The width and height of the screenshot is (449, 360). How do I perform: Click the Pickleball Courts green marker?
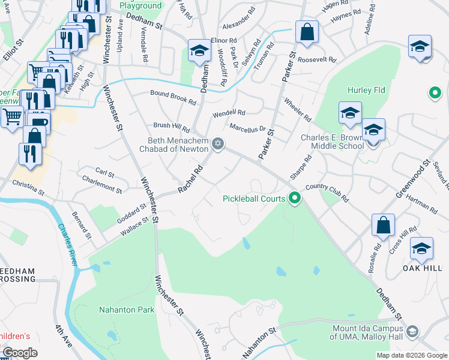(x=294, y=197)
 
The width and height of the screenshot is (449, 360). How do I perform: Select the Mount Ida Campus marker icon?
(x=412, y=331)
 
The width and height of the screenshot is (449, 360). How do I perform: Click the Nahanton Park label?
(x=127, y=310)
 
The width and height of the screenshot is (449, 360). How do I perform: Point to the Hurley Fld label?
(x=366, y=91)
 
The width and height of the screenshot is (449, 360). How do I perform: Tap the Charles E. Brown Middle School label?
(x=332, y=141)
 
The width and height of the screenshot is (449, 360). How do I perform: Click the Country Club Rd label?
(x=327, y=191)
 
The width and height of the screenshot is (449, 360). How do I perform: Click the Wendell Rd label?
(x=229, y=113)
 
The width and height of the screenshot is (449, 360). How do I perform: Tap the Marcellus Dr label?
(x=247, y=128)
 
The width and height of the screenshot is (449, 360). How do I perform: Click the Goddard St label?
(x=131, y=211)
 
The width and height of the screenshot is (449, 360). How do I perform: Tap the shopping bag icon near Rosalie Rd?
(x=384, y=226)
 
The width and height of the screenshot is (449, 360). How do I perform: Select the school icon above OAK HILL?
(x=422, y=248)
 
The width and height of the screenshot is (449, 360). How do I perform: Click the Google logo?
(x=20, y=353)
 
